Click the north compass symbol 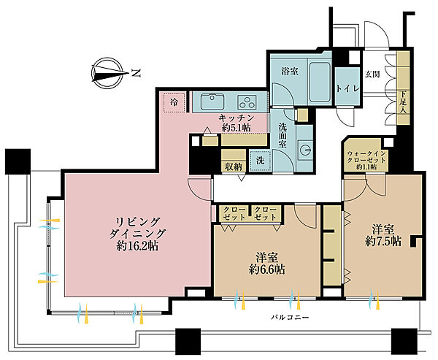pyautogui.click(x=107, y=73)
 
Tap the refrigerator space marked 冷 pyautogui.click(x=174, y=102)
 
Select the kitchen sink pyautogui.click(x=212, y=102)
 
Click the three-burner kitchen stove pyautogui.click(x=247, y=102)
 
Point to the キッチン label pyautogui.click(x=236, y=118)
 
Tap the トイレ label pyautogui.click(x=347, y=89)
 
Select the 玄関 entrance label pyautogui.click(x=372, y=74)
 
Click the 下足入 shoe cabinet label pyautogui.click(x=403, y=102)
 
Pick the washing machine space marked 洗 pyautogui.click(x=261, y=161)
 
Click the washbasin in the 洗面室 pyautogui.click(x=305, y=148)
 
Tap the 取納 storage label pyautogui.click(x=234, y=167)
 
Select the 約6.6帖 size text pyautogui.click(x=267, y=269)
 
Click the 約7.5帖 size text pyautogui.click(x=383, y=241)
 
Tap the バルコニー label pyautogui.click(x=290, y=318)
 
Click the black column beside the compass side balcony pyautogui.click(x=18, y=161)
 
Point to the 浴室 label pyautogui.click(x=289, y=72)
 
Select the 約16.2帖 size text pyautogui.click(x=137, y=246)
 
